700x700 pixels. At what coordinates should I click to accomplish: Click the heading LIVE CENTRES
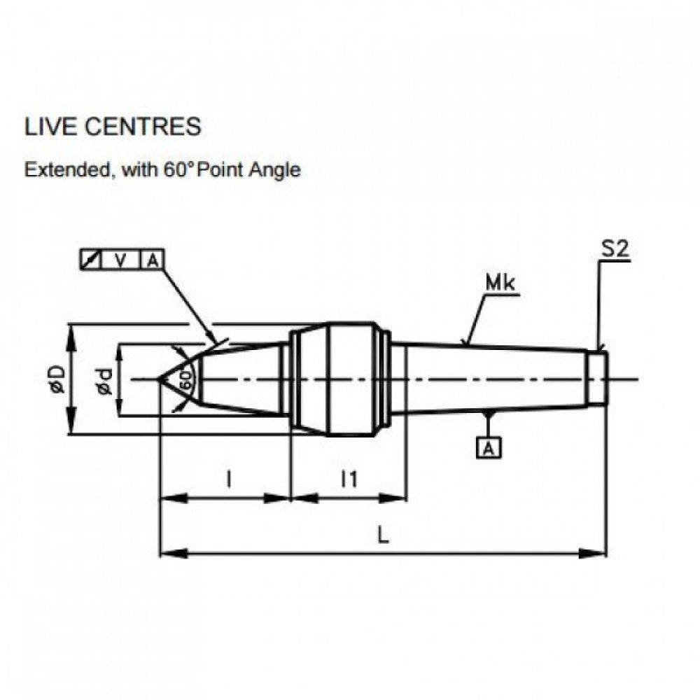pos(113,127)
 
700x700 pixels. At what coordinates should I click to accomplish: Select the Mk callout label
pos(500,283)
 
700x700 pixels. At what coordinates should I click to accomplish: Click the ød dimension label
pos(104,380)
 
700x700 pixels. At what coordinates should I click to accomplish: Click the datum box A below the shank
pos(489,448)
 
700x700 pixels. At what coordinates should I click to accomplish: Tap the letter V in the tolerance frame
pos(121,260)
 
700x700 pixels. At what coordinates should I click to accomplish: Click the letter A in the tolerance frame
pos(152,260)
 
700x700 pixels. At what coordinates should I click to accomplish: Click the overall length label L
pos(383,535)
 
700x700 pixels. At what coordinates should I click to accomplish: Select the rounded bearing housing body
pos(339,379)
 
